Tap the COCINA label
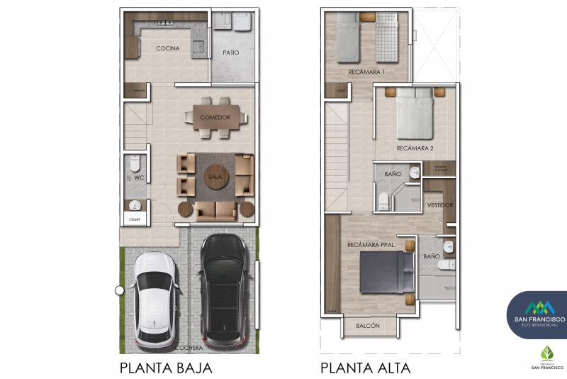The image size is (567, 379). tap(167, 48)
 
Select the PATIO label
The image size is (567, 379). tap(230, 53)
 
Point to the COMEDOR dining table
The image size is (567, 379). tap(214, 117)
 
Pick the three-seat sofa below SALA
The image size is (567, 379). tap(215, 211)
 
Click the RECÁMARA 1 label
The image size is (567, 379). tap(366, 72)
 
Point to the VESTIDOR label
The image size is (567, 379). tap(439, 206)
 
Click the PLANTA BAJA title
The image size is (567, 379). tap(166, 368)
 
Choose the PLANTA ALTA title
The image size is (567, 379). tap(366, 368)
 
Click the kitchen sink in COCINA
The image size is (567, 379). tap(198, 48)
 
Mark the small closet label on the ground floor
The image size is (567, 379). tap(135, 219)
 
